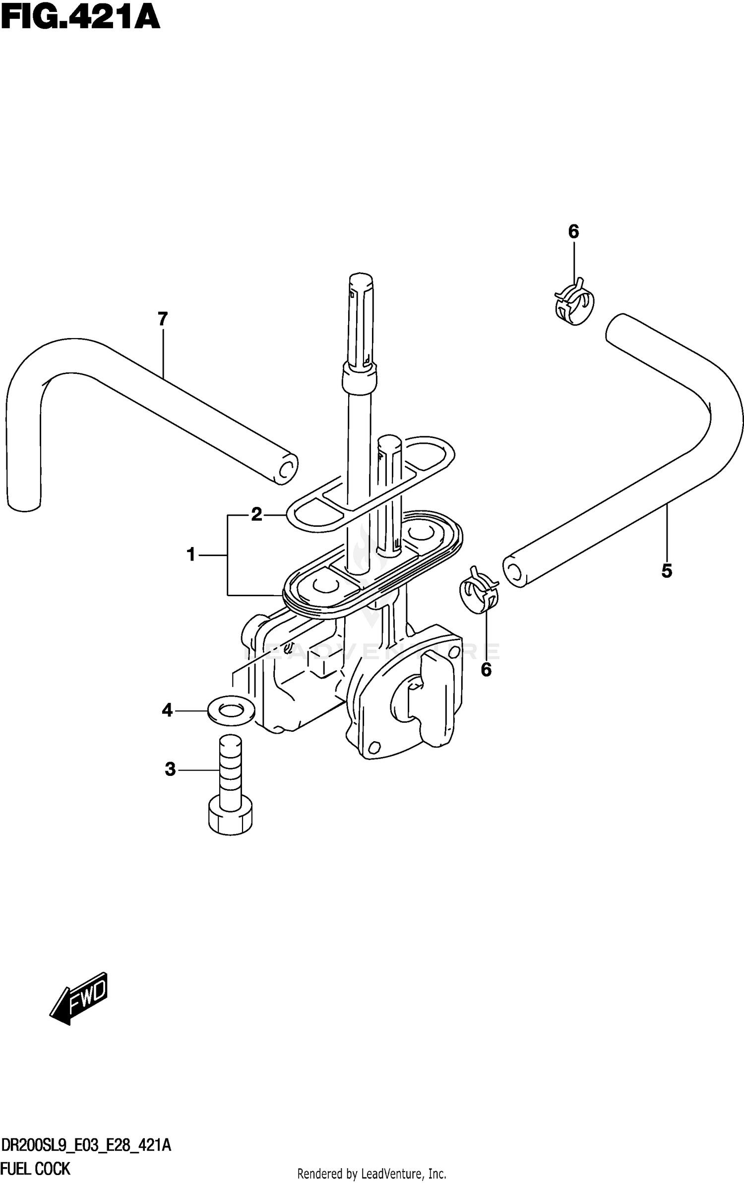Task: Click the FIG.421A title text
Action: point(80,18)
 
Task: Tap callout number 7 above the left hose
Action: point(163,319)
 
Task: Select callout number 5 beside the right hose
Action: point(667,571)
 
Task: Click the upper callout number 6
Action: point(573,231)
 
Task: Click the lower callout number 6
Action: point(486,670)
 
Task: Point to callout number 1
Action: point(191,555)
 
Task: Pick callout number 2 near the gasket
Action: point(256,514)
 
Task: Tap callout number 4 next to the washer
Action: point(167,710)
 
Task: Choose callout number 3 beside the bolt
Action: point(170,769)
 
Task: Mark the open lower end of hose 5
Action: point(515,572)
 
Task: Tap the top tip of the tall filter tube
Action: point(361,279)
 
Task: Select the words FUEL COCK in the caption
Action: point(36,1169)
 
